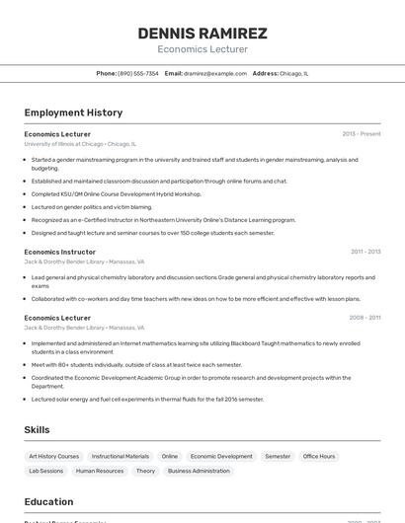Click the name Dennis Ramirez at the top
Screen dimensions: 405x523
pos(202,33)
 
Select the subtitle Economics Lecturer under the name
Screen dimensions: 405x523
pos(202,49)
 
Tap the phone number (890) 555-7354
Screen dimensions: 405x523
pos(138,73)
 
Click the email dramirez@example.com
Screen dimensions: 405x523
pos(214,73)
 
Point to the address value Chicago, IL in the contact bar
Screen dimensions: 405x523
pos(294,73)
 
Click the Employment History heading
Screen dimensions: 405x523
pos(73,112)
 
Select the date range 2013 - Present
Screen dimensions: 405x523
pos(362,133)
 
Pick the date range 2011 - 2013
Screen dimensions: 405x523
pos(365,252)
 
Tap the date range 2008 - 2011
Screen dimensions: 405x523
pos(364,318)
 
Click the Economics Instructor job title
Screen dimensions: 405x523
pos(60,252)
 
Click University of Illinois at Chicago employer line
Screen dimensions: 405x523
pos(80,143)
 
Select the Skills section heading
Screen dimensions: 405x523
pos(38,430)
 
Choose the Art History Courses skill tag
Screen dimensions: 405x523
pos(54,456)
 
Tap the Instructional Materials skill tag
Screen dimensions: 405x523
pos(121,456)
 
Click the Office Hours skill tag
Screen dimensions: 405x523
pos(319,456)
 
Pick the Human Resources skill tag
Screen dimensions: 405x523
pos(100,471)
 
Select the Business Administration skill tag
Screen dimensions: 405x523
pos(199,471)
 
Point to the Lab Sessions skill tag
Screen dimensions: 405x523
pos(45,471)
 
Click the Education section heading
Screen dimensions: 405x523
pos(49,501)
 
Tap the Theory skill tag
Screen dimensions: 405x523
pos(145,471)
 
